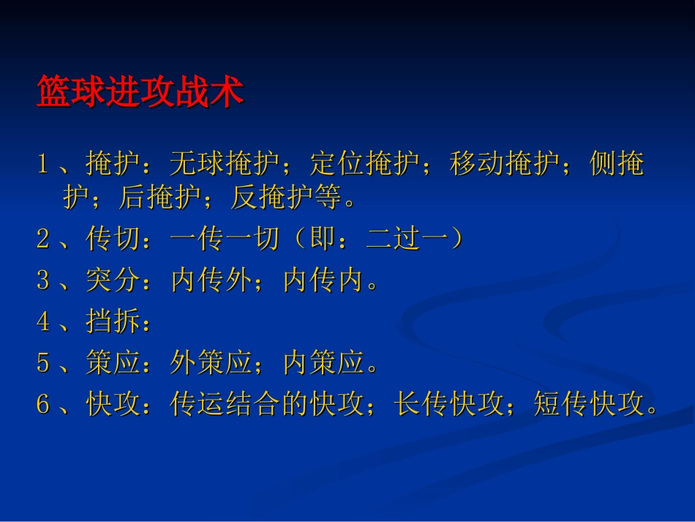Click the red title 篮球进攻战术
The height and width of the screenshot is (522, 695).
tap(140, 94)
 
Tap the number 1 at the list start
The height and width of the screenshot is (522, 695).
tap(43, 163)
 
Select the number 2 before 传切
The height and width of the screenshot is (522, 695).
tap(43, 239)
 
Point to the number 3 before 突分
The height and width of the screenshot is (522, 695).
tap(43, 280)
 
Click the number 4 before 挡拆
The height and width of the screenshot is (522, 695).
tap(43, 321)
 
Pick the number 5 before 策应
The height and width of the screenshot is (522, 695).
tap(43, 363)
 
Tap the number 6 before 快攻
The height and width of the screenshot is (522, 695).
tap(43, 403)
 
